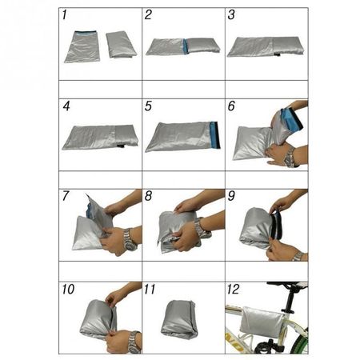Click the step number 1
click(x=64, y=14)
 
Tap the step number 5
click(x=148, y=106)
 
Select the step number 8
click(x=148, y=196)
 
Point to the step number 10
click(x=68, y=290)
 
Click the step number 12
click(x=233, y=290)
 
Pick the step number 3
click(x=231, y=14)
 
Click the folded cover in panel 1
click(x=122, y=45)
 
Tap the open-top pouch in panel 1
click(x=82, y=47)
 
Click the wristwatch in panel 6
click(x=290, y=158)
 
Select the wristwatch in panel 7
click(x=130, y=239)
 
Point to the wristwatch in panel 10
click(x=134, y=342)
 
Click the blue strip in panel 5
click(x=215, y=134)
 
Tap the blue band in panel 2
click(x=186, y=46)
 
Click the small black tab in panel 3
click(x=276, y=54)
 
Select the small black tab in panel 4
click(x=120, y=146)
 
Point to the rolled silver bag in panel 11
click(x=179, y=319)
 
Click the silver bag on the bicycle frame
click(x=261, y=322)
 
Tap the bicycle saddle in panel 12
click(x=287, y=285)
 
